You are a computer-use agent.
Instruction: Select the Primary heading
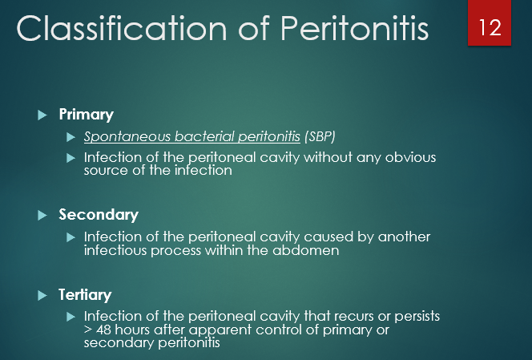(86, 115)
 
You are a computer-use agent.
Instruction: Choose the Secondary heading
(99, 215)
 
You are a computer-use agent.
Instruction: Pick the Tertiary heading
(85, 295)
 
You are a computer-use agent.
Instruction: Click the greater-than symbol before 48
(88, 330)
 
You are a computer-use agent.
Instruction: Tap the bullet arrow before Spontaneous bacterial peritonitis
(71, 137)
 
